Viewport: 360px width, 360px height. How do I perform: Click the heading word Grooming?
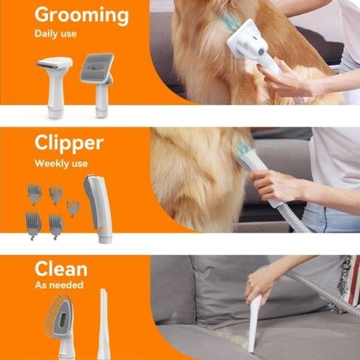[x=81, y=15]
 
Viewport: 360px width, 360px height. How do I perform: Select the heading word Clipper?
[x=69, y=143]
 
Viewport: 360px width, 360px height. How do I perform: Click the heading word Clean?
[x=60, y=269]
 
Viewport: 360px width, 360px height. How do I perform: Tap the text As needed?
[x=59, y=285]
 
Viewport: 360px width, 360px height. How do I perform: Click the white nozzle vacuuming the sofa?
[x=254, y=323]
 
